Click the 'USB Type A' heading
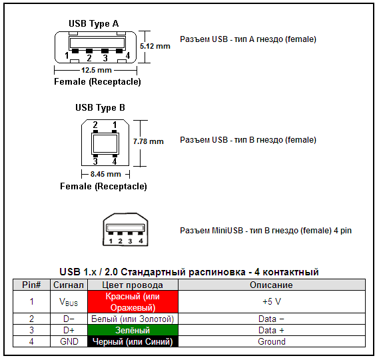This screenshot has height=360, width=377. tap(94, 23)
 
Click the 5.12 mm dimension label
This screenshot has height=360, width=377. tap(155, 46)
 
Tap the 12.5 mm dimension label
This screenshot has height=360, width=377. tap(96, 70)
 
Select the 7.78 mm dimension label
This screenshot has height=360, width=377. tap(148, 141)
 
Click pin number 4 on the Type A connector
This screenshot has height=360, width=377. tap(127, 55)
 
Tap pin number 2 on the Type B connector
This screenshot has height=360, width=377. tap(95, 125)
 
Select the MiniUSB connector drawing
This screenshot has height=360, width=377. tap(124, 231)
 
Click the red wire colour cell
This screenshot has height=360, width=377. tap(133, 301)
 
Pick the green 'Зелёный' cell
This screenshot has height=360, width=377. tap(133, 330)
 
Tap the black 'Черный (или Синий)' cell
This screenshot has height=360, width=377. tap(133, 341)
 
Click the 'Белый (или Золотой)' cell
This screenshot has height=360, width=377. tap(133, 319)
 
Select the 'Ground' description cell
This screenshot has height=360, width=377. tap(271, 341)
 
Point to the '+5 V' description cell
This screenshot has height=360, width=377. tap(271, 301)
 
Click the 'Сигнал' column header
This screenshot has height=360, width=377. tap(69, 285)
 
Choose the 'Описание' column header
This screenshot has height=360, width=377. tap(271, 285)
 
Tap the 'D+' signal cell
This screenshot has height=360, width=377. tap(69, 330)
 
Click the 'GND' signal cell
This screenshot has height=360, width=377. tap(69, 341)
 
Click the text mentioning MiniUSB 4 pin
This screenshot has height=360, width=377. tap(265, 231)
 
